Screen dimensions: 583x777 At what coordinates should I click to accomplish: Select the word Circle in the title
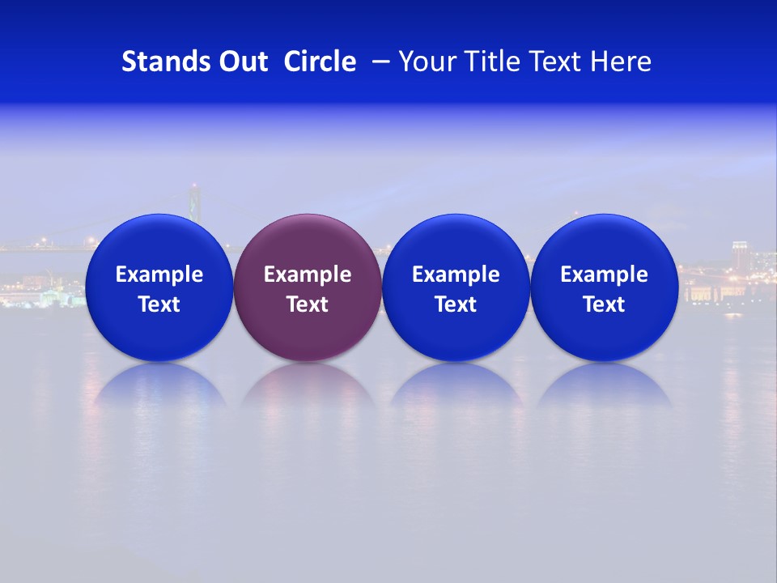click(x=320, y=62)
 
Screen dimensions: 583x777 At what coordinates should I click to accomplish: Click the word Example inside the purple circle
click(x=308, y=274)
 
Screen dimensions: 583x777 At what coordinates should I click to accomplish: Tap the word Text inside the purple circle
click(x=308, y=304)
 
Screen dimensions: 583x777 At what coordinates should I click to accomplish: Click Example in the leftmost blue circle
click(x=159, y=274)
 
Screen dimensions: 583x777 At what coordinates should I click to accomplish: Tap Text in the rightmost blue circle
click(x=605, y=304)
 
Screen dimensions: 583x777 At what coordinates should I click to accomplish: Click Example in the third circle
click(x=456, y=274)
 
